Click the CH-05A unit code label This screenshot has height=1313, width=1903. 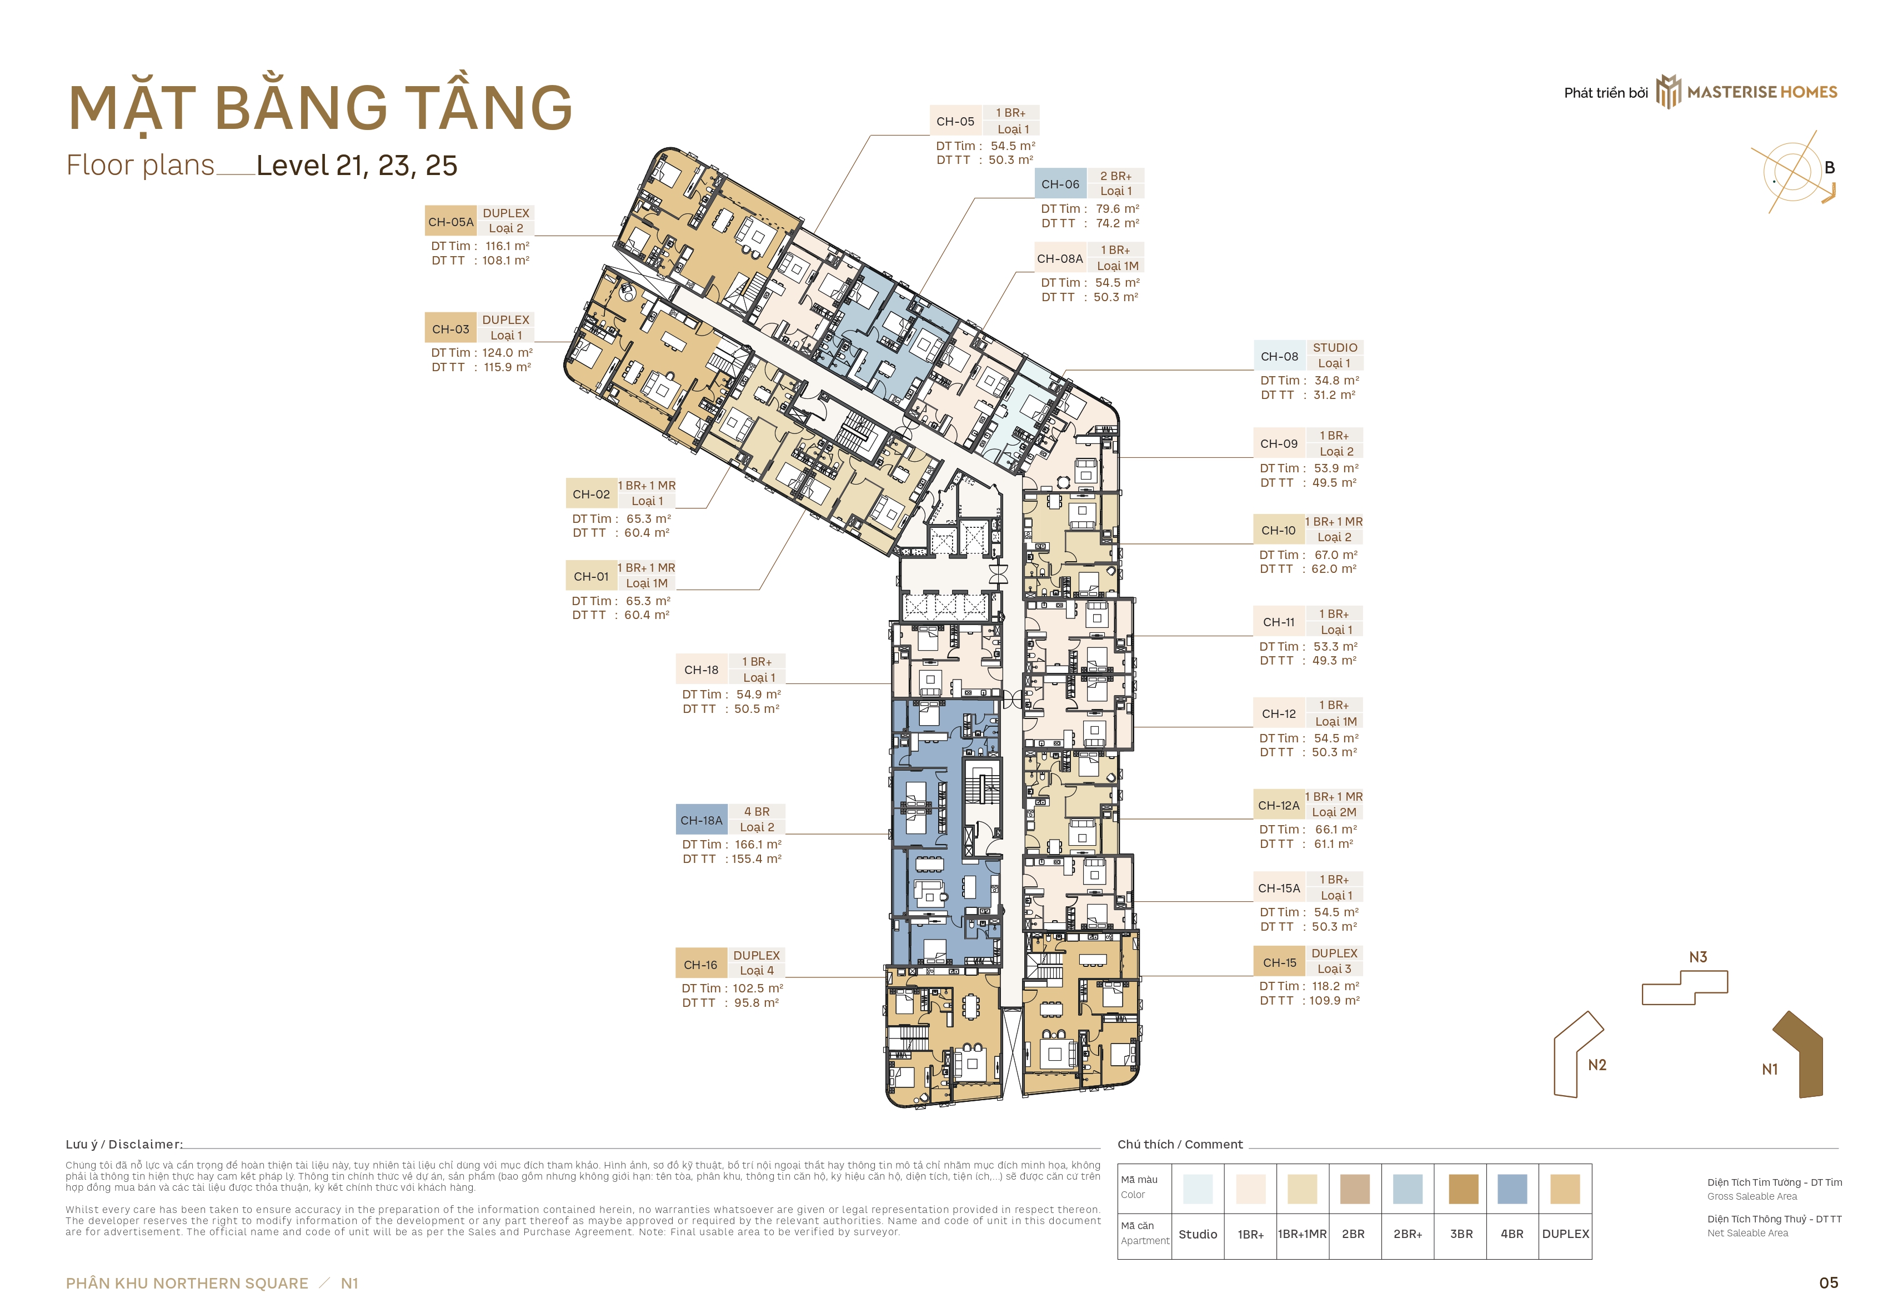[450, 221]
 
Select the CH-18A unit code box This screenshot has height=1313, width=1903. [702, 820]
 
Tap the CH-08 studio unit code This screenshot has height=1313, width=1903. [1280, 356]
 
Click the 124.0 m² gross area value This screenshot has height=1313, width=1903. [508, 352]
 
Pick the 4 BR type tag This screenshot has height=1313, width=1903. [757, 811]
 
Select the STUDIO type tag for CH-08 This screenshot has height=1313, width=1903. [1335, 347]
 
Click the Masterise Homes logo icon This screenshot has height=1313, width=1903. [1669, 91]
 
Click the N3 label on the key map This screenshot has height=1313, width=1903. [1698, 957]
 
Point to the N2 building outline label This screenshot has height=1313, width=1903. [1597, 1065]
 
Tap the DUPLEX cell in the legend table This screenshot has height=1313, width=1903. [1566, 1234]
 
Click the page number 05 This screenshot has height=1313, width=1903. [1828, 1282]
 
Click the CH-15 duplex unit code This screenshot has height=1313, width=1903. [1280, 962]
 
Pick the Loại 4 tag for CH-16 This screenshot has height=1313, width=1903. [757, 970]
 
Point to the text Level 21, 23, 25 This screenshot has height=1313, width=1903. [357, 166]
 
